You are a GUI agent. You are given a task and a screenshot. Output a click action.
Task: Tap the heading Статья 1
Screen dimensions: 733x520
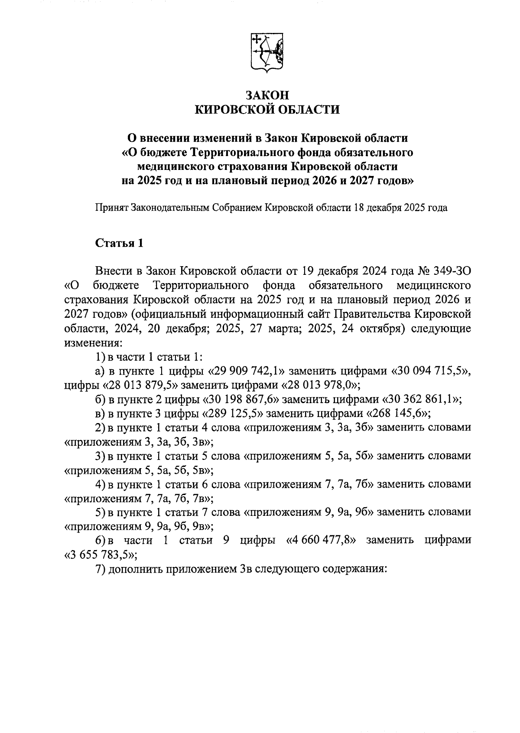[119, 243]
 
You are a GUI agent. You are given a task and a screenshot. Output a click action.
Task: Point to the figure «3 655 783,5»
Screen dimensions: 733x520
[100, 555]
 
